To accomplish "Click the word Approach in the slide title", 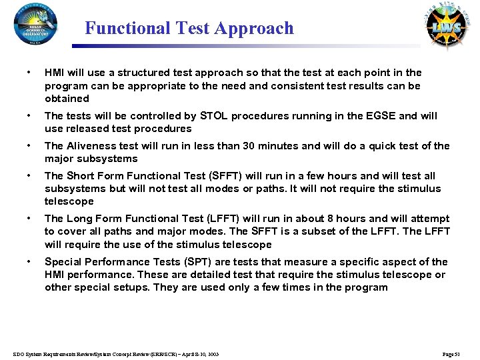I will (260, 28).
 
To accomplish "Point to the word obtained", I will (67, 99).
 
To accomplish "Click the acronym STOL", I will (216, 116).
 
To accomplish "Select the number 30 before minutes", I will (249, 146).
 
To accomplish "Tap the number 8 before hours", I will (303, 219).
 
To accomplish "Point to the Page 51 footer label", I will (456, 353).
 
